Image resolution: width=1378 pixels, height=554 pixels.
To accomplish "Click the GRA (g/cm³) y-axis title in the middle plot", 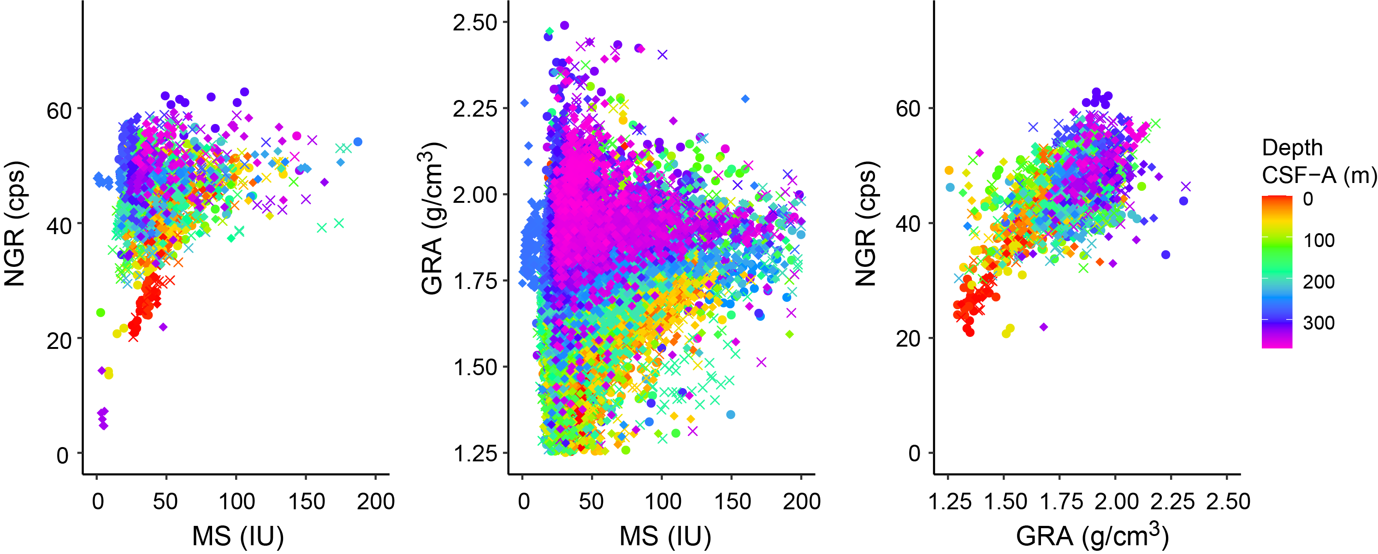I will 432,219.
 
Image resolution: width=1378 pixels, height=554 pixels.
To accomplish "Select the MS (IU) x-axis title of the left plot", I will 237,536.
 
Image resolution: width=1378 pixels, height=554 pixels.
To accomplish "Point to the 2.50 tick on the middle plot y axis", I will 475,23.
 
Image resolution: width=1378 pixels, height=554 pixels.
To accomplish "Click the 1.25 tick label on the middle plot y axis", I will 475,454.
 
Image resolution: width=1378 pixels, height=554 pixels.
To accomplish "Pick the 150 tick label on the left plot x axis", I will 306,501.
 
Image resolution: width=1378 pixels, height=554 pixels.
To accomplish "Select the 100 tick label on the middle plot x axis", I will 662,501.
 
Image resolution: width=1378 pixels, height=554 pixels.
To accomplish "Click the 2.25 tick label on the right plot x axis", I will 1171,501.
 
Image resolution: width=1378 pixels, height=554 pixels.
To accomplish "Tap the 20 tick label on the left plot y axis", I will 59,340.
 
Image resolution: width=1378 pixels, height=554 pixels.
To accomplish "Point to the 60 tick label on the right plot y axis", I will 908,109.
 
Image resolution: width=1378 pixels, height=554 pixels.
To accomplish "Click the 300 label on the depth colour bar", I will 1319,323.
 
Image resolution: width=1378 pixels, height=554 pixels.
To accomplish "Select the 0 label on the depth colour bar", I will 1308,200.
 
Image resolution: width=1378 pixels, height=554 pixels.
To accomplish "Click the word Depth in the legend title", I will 1292,147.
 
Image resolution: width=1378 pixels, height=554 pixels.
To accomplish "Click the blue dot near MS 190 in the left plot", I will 358,141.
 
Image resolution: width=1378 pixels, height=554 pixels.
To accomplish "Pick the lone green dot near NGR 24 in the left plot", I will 101,313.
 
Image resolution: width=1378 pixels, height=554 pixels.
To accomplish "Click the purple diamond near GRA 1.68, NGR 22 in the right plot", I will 1044,327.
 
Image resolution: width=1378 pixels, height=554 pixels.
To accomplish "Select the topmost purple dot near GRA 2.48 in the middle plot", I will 564,25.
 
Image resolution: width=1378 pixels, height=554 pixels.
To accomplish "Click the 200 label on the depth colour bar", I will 1319,282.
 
